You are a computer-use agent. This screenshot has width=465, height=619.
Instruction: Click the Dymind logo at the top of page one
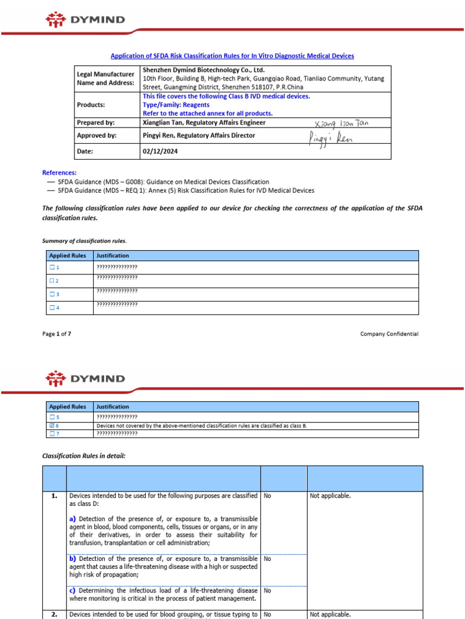click(85, 19)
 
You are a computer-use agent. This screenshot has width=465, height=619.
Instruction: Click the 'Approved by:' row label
click(96, 136)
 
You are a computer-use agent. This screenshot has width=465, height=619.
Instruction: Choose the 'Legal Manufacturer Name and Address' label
click(105, 78)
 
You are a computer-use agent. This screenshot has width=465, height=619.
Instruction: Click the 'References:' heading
click(59, 172)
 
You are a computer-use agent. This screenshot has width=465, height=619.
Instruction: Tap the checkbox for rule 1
click(53, 267)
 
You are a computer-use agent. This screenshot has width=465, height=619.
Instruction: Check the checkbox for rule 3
click(53, 294)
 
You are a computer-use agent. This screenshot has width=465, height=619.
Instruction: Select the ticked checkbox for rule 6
click(53, 426)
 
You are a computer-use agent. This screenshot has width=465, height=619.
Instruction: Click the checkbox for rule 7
click(53, 433)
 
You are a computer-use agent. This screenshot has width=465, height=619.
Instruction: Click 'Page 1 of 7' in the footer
click(56, 334)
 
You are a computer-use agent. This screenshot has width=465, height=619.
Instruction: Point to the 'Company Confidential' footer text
click(389, 334)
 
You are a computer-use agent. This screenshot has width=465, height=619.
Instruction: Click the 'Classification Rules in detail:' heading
click(84, 456)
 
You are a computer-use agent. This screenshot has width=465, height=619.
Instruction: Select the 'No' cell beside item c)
click(268, 590)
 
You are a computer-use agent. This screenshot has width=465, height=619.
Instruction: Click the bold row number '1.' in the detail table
click(54, 496)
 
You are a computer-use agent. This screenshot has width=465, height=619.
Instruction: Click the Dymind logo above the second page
click(85, 379)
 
